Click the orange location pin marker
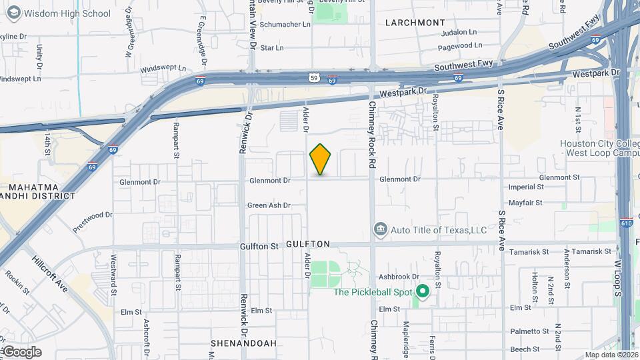321,159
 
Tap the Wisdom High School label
67,13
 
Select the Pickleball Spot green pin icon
422,291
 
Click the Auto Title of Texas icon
380,230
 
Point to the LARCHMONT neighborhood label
415,23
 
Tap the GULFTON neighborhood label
308,245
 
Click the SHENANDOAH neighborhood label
243,343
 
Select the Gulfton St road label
259,247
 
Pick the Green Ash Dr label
269,205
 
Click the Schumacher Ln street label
285,24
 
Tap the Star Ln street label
271,48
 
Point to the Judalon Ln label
459,31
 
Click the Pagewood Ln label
460,45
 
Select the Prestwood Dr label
92,220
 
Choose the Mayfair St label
525,202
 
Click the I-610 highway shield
626,223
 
